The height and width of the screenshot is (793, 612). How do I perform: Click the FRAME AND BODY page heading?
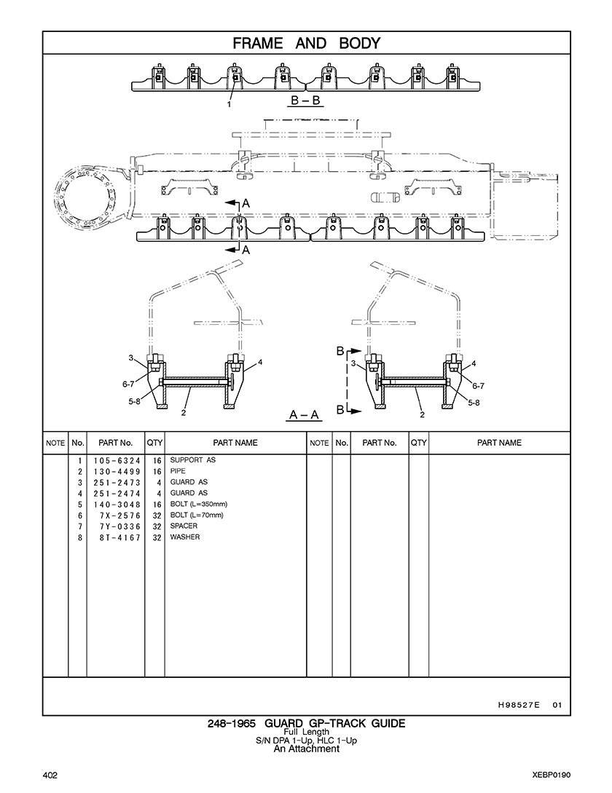(x=306, y=43)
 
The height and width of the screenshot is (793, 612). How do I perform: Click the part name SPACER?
(x=184, y=526)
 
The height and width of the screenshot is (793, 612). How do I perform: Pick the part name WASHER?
(x=185, y=537)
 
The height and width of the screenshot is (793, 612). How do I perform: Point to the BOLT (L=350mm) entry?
(x=199, y=504)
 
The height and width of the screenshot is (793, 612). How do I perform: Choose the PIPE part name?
(x=178, y=471)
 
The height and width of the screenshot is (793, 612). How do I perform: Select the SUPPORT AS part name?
(x=193, y=460)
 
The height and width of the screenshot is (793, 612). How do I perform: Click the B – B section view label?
(x=305, y=101)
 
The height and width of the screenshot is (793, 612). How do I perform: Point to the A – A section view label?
(x=305, y=414)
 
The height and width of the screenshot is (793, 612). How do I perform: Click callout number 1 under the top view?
(x=229, y=104)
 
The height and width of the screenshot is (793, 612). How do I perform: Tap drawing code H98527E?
(x=519, y=704)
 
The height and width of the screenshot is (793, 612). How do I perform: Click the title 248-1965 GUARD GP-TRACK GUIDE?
(x=306, y=723)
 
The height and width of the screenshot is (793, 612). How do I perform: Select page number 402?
(x=50, y=774)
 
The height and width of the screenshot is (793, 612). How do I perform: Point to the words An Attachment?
(x=306, y=749)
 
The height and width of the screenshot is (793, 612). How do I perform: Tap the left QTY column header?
(x=154, y=442)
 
